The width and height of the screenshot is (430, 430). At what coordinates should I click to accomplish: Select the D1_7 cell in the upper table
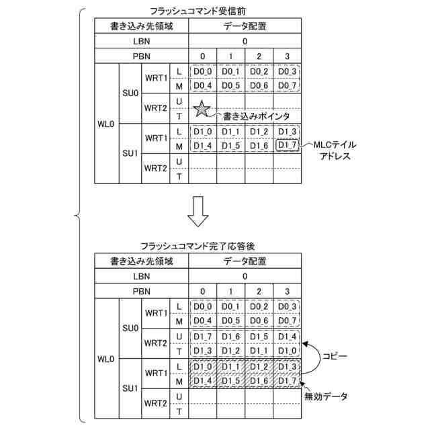point(287,145)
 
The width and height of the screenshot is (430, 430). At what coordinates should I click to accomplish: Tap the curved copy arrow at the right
point(312,354)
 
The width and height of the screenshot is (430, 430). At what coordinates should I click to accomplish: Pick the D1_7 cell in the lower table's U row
point(202,336)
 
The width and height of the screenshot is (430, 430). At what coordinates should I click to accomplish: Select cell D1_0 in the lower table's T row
point(287,351)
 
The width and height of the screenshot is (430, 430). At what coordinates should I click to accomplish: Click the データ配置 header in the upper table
point(245,27)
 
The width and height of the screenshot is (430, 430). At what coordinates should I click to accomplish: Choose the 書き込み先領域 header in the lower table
point(142,261)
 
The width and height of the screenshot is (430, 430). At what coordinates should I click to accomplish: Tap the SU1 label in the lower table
point(130,388)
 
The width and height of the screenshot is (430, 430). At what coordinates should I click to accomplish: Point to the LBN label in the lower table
point(142,275)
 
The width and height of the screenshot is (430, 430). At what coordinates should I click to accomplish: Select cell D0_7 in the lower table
point(287,320)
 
